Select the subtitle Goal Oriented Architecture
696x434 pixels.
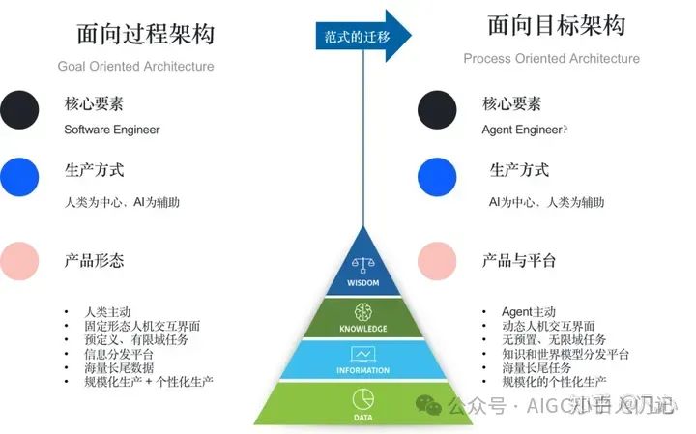click(135, 66)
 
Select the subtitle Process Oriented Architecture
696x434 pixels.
click(551, 58)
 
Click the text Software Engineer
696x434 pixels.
click(111, 130)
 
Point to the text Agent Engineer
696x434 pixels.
click(522, 130)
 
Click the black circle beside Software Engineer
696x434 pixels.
click(20, 109)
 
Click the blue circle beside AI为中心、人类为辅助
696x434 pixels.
click(437, 177)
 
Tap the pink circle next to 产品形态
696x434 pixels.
click(20, 261)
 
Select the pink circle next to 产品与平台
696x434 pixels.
click(437, 261)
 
